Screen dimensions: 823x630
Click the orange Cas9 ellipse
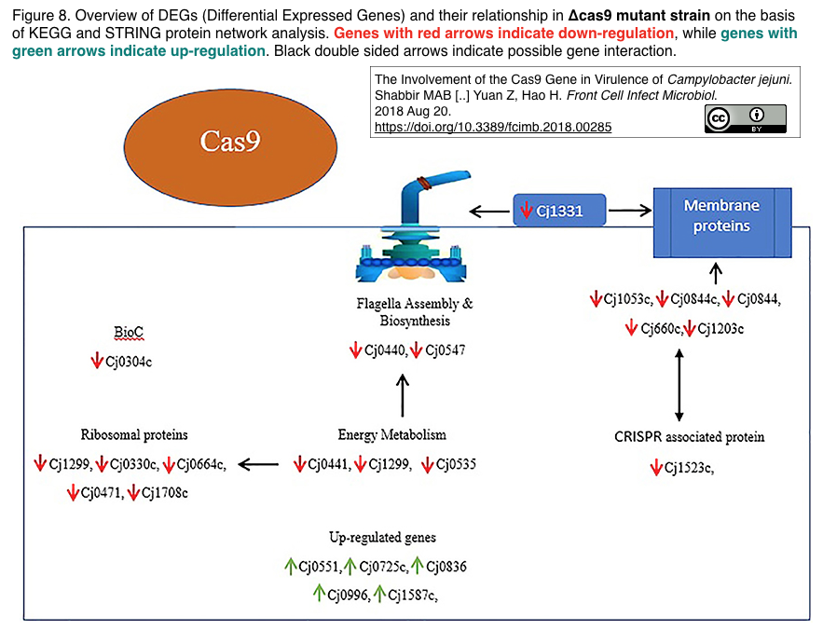coord(230,147)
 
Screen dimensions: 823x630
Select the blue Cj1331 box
coord(559,210)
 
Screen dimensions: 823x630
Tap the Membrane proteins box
coord(722,223)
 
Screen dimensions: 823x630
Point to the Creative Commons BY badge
coord(746,118)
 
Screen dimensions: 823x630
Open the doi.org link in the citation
coord(493,127)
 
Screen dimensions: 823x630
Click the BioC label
coord(129,333)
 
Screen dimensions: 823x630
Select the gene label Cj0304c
coord(129,362)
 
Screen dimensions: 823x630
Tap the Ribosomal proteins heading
coord(134,434)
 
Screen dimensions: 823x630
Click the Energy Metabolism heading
coord(392,434)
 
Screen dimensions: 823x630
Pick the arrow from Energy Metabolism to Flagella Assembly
coord(403,395)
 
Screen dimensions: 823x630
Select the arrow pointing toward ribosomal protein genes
coord(258,464)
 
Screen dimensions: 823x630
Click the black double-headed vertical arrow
coord(679,385)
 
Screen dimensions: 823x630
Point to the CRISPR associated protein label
coord(689,437)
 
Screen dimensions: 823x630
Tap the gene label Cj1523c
coord(689,467)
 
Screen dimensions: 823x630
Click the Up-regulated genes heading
coord(383,537)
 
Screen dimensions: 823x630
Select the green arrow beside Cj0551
coord(290,566)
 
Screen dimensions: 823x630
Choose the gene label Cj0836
coord(446,567)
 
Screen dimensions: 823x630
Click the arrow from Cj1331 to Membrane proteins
coord(630,211)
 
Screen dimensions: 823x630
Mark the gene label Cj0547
coord(446,350)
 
